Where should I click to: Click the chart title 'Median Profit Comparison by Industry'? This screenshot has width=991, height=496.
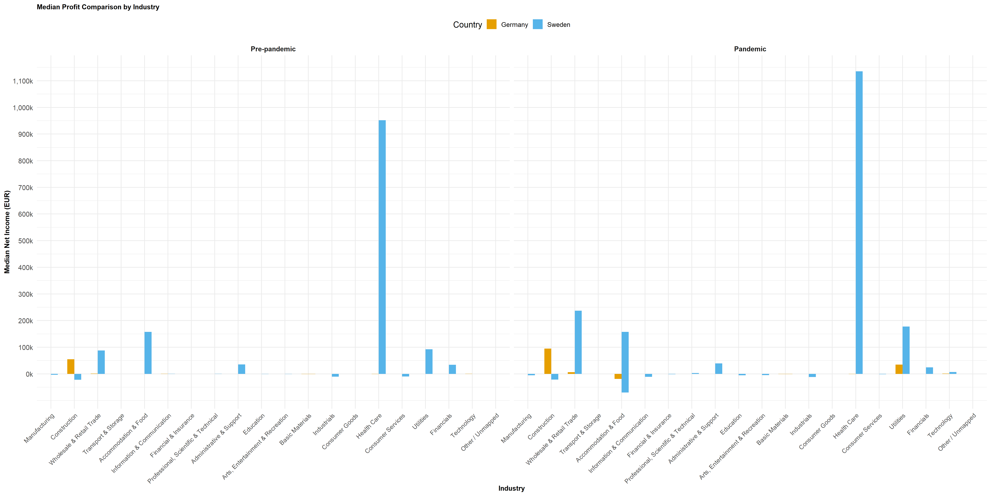98,7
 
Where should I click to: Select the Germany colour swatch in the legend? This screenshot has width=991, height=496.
491,24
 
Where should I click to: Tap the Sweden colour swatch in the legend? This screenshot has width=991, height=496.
537,24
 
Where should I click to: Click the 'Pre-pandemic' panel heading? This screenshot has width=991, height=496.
273,49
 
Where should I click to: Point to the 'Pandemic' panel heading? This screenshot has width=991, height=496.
750,49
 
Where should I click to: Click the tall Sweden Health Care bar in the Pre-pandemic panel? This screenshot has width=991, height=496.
382,246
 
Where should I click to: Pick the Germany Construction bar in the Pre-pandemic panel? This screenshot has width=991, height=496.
71,367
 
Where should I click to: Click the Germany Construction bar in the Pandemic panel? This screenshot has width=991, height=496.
548,361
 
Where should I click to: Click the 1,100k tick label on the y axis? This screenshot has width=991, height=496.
23,81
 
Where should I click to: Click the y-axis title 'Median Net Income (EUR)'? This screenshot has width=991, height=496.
7,232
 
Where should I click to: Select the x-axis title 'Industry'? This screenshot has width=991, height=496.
511,488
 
